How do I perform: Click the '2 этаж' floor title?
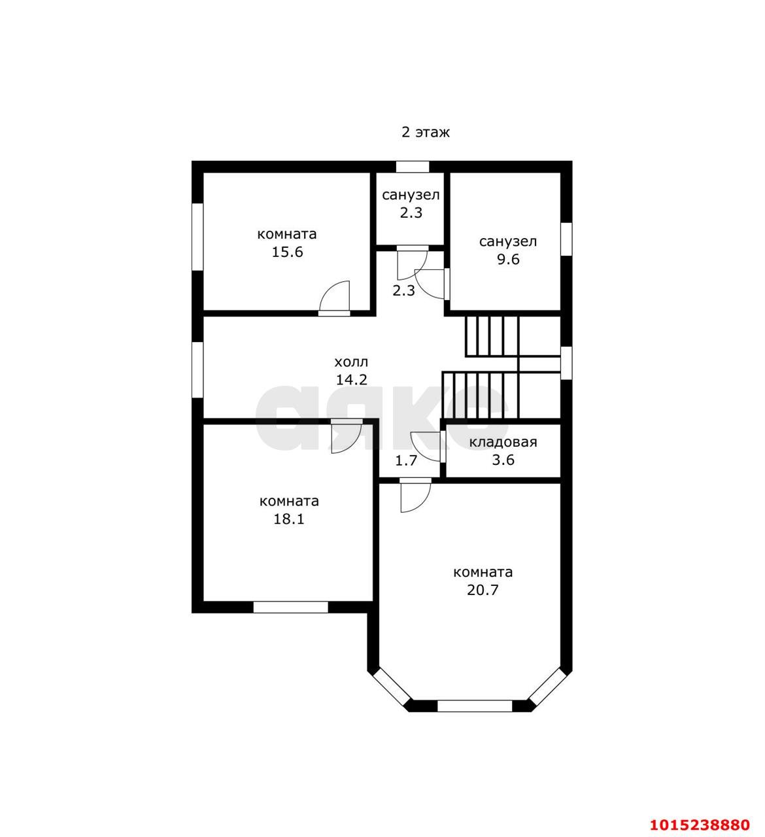425,133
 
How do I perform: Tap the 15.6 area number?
287,252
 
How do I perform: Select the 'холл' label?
351,362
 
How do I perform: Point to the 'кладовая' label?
503,442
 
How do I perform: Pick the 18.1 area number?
289,519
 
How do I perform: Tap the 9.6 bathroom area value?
508,260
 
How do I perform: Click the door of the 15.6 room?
335,297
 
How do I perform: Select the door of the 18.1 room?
347,436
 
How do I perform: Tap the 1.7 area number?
406,460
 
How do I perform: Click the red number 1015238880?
700,825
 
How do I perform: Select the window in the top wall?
413,167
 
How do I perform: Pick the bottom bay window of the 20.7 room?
475,706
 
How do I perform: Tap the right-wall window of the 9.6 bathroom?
566,239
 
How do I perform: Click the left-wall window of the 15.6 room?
197,237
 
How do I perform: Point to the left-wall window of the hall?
197,370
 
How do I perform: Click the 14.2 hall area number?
351,380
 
